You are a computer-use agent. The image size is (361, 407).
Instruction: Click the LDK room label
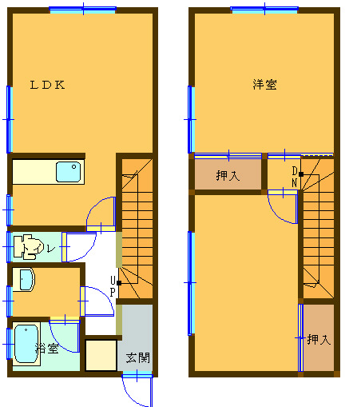pyautogui.click(x=47, y=85)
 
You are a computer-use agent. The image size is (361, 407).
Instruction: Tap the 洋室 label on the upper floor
pyautogui.click(x=264, y=85)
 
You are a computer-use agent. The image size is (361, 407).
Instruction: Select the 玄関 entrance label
pyautogui.click(x=138, y=357)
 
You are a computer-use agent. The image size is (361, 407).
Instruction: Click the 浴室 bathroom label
pyautogui.click(x=47, y=348)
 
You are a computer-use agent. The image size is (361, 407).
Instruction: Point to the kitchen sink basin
pyautogui.click(x=69, y=172)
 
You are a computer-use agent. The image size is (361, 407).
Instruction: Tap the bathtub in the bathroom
pyautogui.click(x=26, y=344)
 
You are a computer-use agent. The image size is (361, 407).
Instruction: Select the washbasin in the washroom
pyautogui.click(x=26, y=280)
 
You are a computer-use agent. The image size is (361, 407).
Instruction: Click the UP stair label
pyautogui.click(x=113, y=286)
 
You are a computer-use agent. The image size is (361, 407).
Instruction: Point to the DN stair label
pyautogui.click(x=295, y=177)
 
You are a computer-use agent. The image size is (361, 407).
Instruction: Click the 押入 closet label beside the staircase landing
pyautogui.click(x=228, y=176)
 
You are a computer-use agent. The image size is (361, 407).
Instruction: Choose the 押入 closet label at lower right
pyautogui.click(x=319, y=339)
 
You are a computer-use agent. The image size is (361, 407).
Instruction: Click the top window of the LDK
pyautogui.click(x=83, y=10)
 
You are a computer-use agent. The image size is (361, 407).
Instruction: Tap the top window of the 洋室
pyautogui.click(x=264, y=10)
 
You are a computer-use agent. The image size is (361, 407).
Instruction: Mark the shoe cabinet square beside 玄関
pyautogui.click(x=101, y=355)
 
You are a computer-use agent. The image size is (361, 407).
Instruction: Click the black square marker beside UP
pyautogui.click(x=119, y=283)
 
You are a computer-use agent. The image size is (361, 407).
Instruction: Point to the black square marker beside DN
pyautogui.click(x=301, y=174)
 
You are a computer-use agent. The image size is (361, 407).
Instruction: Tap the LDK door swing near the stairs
pyautogui.click(x=93, y=205)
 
